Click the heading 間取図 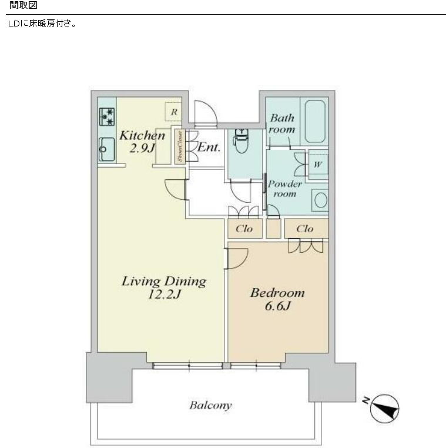(23, 5)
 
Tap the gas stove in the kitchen (106, 116)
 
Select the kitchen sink (107, 149)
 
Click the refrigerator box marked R (173, 112)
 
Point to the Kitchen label (142, 135)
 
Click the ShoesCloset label (180, 146)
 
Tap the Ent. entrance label (209, 147)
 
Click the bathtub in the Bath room (315, 121)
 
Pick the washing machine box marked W (318, 165)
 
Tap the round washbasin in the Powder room (320, 200)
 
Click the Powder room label (284, 189)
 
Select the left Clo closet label (244, 229)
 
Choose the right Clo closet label (304, 229)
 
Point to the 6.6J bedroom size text (277, 306)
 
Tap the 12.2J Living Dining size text (164, 295)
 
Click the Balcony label (211, 406)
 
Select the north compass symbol (384, 409)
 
